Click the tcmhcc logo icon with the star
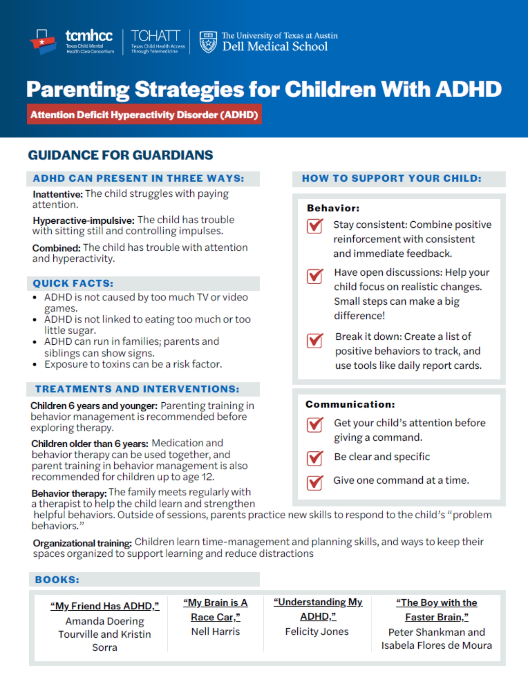[x=43, y=42]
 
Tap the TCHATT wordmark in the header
[x=155, y=36]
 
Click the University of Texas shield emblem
[x=208, y=42]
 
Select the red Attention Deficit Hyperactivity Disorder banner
[x=144, y=114]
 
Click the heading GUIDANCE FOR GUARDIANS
[x=120, y=155]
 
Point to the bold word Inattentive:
[x=58, y=194]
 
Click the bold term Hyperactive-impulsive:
[x=84, y=220]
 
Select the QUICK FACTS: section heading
[x=73, y=283]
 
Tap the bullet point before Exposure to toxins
[x=35, y=365]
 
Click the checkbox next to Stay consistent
[x=314, y=226]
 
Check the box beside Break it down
[x=314, y=340]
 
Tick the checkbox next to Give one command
[x=314, y=482]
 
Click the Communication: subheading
[x=350, y=404]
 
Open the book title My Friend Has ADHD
[x=105, y=606]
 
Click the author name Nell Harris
[x=215, y=632]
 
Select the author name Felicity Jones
[x=317, y=632]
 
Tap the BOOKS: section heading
[x=57, y=580]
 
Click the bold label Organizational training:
[x=82, y=543]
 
